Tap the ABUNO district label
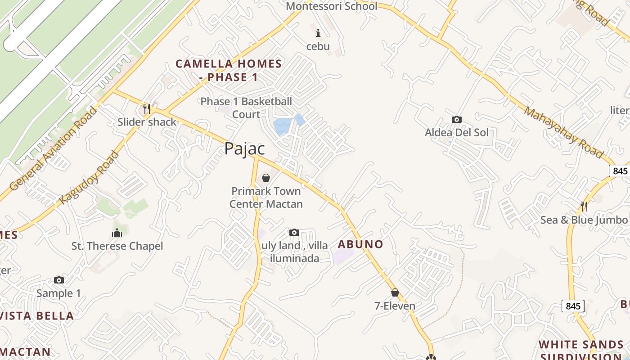tap(360, 244)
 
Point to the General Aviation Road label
tap(53, 148)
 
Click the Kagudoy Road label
tap(90, 177)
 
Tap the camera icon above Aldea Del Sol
tap(456, 119)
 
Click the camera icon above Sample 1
tap(58, 280)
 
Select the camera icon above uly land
tap(294, 232)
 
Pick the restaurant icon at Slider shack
tap(146, 108)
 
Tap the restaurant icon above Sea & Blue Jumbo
tap(584, 207)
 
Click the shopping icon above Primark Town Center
tap(266, 178)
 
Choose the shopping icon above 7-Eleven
tap(395, 292)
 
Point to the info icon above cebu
tap(318, 33)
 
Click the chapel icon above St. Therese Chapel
tap(117, 233)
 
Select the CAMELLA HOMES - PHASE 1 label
tap(229, 70)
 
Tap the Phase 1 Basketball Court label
tap(246, 108)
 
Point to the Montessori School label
tap(332, 6)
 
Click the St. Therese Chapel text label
tap(117, 246)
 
